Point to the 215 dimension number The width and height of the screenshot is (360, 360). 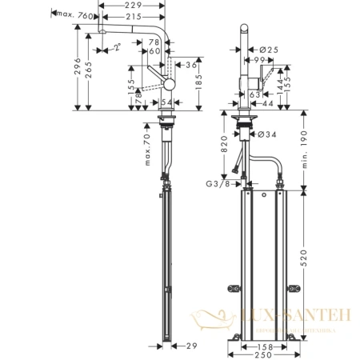pos(145,15)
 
